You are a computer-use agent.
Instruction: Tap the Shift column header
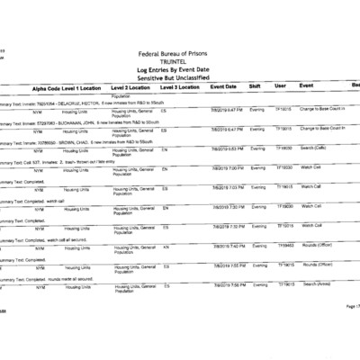[x=255, y=86]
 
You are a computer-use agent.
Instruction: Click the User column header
[x=280, y=86]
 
